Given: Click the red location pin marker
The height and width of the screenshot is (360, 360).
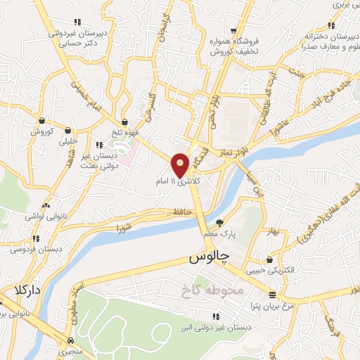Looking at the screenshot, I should click(181, 164).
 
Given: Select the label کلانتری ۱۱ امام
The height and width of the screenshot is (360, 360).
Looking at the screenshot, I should click(179, 182).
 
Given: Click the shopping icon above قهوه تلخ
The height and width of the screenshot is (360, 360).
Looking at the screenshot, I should click(124, 122).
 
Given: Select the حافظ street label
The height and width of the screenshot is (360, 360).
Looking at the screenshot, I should click(184, 212).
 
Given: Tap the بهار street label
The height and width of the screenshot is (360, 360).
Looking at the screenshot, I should click(273, 231).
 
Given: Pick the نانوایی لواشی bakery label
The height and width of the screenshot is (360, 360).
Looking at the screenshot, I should click(44, 217).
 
